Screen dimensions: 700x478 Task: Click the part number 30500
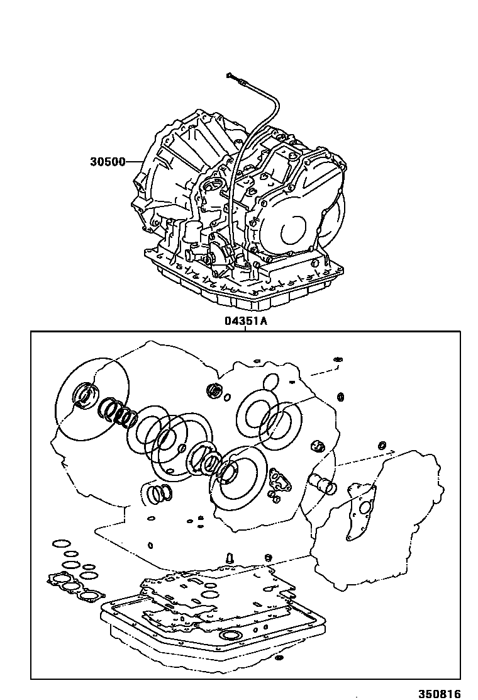[x=108, y=162]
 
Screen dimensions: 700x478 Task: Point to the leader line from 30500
[x=135, y=162]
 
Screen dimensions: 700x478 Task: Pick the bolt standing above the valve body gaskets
[x=229, y=558]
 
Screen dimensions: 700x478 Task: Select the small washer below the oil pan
[x=279, y=658]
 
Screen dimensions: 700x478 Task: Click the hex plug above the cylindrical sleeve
[x=318, y=446]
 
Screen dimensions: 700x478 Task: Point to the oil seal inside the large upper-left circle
[x=84, y=395]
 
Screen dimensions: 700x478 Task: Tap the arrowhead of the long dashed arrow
[x=393, y=451]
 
